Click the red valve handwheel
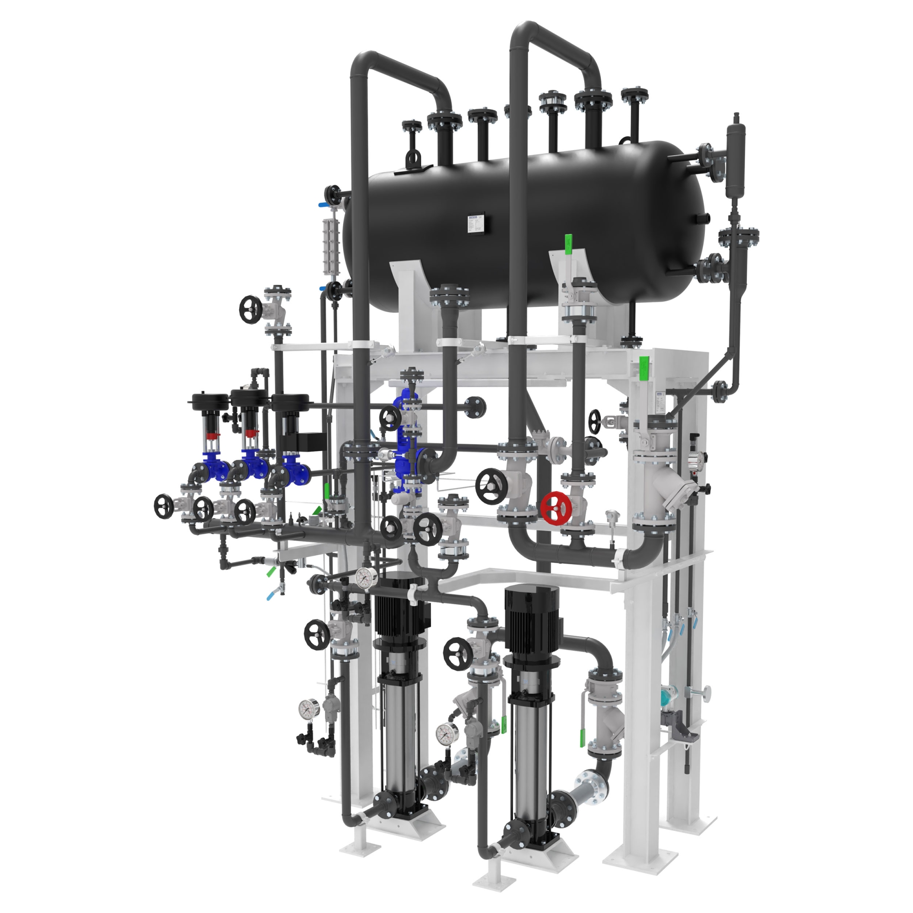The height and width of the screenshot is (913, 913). coord(556,509)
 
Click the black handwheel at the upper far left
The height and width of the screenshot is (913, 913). coord(251,310)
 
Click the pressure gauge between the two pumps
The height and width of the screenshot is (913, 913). coord(445,734)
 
